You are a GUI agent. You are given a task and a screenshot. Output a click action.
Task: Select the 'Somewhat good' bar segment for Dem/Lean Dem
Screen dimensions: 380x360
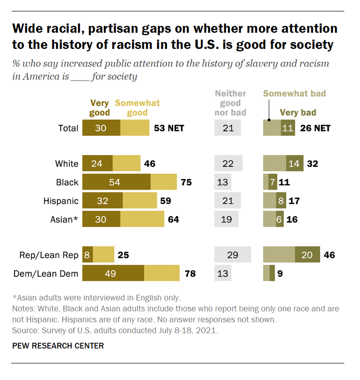point(162,273)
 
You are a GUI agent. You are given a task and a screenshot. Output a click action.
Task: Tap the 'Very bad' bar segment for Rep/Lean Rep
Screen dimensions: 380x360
point(307,255)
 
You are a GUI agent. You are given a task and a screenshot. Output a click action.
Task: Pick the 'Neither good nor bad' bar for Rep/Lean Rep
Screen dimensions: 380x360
point(232,255)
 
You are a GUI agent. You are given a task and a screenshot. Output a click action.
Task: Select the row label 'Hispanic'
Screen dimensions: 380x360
point(61,201)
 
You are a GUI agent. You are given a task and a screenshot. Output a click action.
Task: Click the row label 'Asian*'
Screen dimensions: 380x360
point(64,219)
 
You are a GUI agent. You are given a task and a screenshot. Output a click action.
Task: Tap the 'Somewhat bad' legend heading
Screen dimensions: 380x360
point(294,93)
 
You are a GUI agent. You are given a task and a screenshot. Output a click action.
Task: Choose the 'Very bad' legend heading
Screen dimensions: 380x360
point(298,113)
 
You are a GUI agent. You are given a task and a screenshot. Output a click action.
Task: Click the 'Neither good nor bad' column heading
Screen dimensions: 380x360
point(231,103)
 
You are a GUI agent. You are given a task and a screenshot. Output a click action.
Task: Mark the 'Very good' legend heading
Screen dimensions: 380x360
point(100,108)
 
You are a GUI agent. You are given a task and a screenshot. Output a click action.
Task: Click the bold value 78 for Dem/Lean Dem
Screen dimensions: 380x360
point(189,273)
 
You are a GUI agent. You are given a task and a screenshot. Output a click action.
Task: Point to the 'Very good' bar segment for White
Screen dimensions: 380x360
point(97,163)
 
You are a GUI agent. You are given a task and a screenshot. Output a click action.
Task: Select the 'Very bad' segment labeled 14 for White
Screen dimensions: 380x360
point(294,163)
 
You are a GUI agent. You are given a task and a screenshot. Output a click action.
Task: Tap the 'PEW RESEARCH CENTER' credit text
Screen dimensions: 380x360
point(58,346)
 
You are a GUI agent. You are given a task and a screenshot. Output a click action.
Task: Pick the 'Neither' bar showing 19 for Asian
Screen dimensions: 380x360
point(226,219)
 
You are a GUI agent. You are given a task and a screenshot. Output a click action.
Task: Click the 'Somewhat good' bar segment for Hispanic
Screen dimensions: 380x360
point(140,201)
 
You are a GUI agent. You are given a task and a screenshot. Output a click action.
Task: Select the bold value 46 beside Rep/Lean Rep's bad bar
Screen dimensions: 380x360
point(329,255)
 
